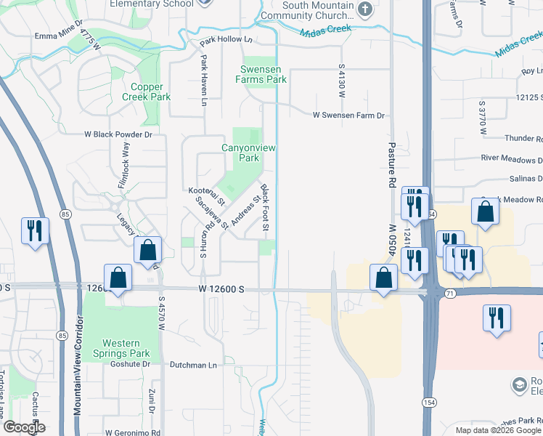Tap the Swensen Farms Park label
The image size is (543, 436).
(263, 74)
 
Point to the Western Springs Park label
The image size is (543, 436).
(126, 348)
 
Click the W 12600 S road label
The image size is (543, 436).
(221, 289)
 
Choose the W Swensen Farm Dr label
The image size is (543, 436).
(348, 115)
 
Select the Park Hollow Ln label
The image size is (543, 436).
(226, 41)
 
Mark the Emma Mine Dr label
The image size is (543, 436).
(56, 36)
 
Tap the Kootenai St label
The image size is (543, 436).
(208, 195)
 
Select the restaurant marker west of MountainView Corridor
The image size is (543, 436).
(35, 231)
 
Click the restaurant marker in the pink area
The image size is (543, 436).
(497, 318)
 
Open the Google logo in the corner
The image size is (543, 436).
(23, 427)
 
